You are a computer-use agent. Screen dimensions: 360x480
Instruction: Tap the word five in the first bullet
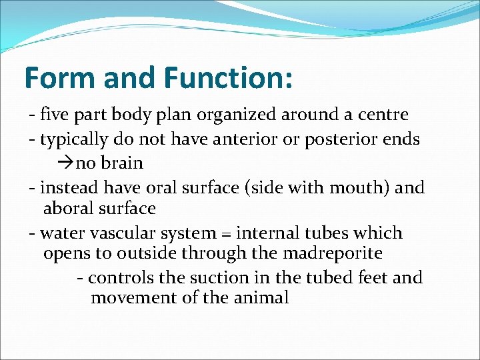tap(55, 115)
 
